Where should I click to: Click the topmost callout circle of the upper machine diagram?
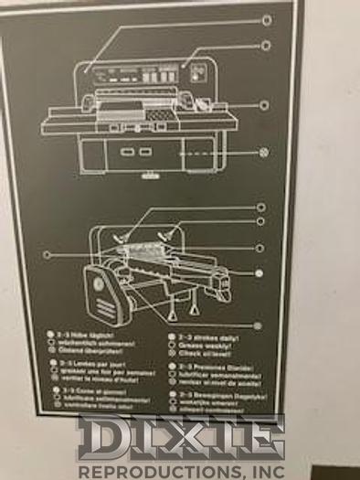267,19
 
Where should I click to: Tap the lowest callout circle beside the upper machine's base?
265,153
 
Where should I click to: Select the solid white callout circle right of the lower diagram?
259,272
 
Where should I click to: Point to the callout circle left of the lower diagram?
46,254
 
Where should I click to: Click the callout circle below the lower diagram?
257,325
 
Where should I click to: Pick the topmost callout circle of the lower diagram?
260,208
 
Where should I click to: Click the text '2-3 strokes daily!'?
213,336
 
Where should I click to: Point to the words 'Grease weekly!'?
208,346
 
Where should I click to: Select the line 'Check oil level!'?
209,354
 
